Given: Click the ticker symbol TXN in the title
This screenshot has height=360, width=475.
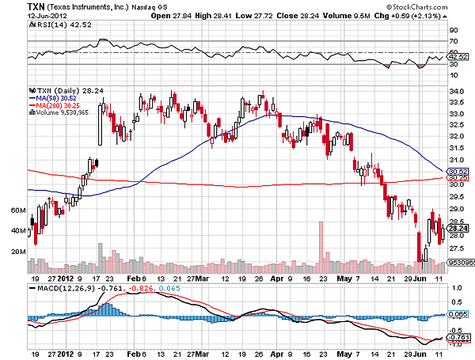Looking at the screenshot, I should coord(38,6).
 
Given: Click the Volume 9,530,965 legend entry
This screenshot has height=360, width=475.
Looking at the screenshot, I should coord(59,112).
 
